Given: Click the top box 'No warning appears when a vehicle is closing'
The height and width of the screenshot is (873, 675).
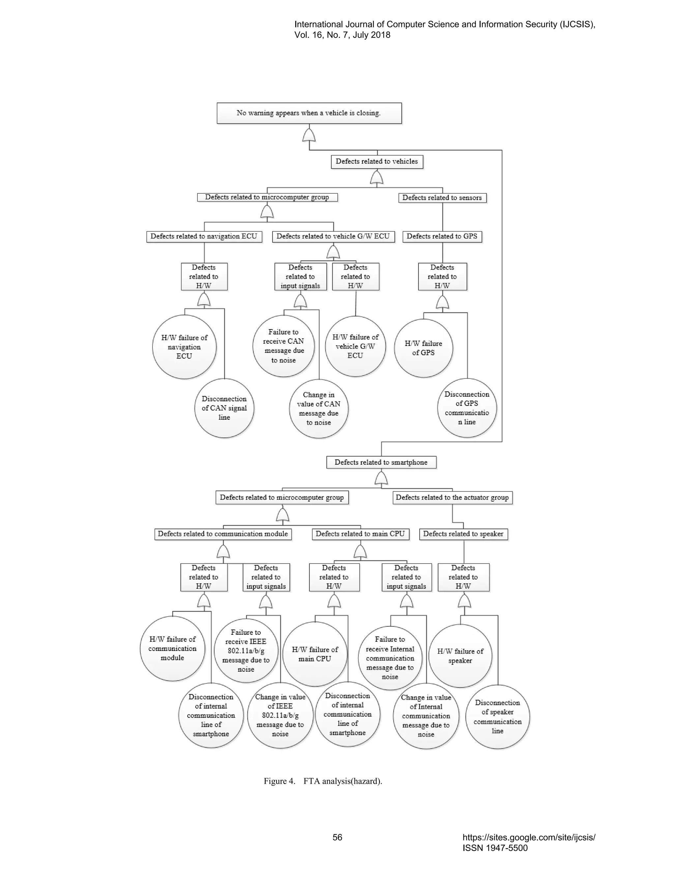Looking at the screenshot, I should tap(309, 113).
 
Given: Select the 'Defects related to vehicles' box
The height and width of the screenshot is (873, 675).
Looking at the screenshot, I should tap(377, 161).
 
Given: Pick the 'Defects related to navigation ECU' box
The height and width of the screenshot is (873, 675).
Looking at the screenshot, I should tap(204, 236).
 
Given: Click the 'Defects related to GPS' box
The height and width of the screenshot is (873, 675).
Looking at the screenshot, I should tap(442, 236).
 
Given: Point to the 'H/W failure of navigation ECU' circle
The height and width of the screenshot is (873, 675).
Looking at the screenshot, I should tap(184, 347).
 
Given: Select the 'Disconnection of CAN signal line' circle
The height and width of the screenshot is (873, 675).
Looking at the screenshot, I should tap(224, 408).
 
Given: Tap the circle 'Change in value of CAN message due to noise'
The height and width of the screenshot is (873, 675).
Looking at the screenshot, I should tap(319, 408).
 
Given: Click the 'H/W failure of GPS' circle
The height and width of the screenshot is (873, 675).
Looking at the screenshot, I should tap(423, 348).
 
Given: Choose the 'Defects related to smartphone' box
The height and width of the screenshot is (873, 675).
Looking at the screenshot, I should tap(381, 462).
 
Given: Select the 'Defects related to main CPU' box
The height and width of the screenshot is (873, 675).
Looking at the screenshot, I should tap(360, 534).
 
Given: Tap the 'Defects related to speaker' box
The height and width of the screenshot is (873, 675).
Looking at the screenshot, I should tap(463, 534).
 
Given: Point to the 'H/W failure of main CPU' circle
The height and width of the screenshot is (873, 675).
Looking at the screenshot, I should tap(315, 654).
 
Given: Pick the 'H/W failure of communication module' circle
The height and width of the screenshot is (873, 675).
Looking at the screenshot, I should tap(172, 648).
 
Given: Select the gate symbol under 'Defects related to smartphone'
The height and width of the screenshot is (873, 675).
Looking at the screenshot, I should tap(381, 478).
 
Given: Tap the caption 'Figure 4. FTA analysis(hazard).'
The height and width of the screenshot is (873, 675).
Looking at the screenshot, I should tap(323, 781).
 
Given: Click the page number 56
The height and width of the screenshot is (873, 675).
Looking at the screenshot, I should tap(337, 837).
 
